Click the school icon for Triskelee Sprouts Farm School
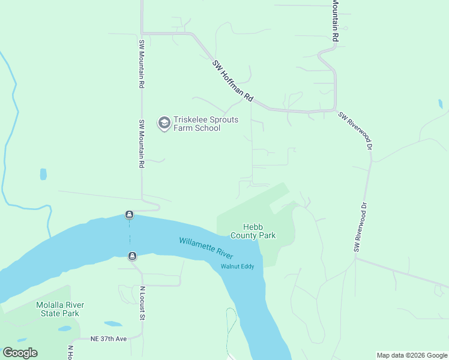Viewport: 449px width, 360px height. tap(163, 124)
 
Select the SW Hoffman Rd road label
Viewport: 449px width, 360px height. tap(233, 81)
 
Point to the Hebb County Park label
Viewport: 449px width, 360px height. tap(259, 231)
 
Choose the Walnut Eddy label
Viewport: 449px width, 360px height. tap(238, 266)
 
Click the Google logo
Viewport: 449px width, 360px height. tap(20, 353)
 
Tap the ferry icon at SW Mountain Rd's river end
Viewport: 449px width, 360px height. tap(129, 215)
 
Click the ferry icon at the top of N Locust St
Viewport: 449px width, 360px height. tap(132, 256)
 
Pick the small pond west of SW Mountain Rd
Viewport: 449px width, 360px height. tap(43, 174)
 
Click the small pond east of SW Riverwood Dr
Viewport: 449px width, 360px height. tap(441, 104)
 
